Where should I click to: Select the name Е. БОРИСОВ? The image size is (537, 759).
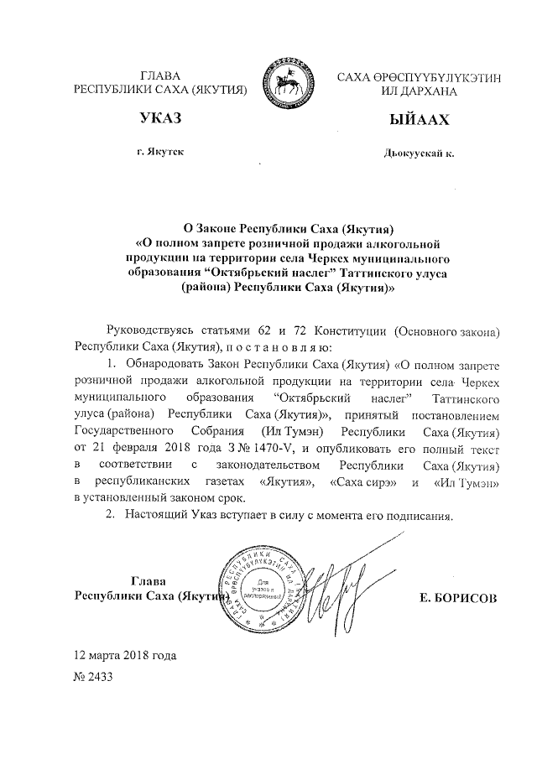(456, 597)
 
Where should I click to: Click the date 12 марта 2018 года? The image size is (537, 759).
(126, 654)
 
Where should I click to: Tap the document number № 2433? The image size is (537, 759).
(93, 678)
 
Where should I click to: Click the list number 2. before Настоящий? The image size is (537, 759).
(110, 514)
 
